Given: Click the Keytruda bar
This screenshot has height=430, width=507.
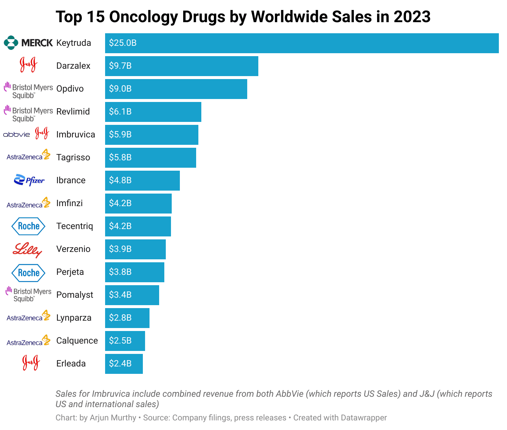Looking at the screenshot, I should pyautogui.click(x=302, y=43).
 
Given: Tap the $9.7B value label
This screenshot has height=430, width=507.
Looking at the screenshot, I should pyautogui.click(x=120, y=66).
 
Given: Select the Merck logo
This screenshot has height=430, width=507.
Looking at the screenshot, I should pyautogui.click(x=28, y=43).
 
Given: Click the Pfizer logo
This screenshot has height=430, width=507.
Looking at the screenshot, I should pyautogui.click(x=29, y=180).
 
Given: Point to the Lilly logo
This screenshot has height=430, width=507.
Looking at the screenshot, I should pyautogui.click(x=27, y=250).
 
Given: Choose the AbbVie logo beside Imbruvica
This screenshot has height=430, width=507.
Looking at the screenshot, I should pyautogui.click(x=16, y=134).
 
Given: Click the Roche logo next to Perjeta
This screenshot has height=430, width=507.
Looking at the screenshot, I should pyautogui.click(x=28, y=273).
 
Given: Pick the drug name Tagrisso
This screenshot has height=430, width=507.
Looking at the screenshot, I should pyautogui.click(x=73, y=157).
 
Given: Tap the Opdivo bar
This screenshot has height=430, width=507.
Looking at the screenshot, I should pyautogui.click(x=176, y=89).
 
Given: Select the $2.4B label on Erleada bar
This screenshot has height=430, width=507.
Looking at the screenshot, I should pyautogui.click(x=120, y=364).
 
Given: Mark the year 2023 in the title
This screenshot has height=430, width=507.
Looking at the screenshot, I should pyautogui.click(x=412, y=17).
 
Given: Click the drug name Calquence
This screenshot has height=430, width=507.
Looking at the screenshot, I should pyautogui.click(x=77, y=341).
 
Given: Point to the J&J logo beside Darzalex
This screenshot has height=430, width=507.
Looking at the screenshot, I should pyautogui.click(x=28, y=65).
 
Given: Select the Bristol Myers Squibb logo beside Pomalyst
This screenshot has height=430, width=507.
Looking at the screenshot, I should pyautogui.click(x=28, y=295).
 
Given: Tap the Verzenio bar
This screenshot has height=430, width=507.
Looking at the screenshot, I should pyautogui.click(x=135, y=249).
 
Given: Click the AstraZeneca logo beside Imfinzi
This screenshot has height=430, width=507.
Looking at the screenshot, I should pyautogui.click(x=28, y=203).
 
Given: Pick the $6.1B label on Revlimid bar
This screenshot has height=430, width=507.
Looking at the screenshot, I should pyautogui.click(x=120, y=112).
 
